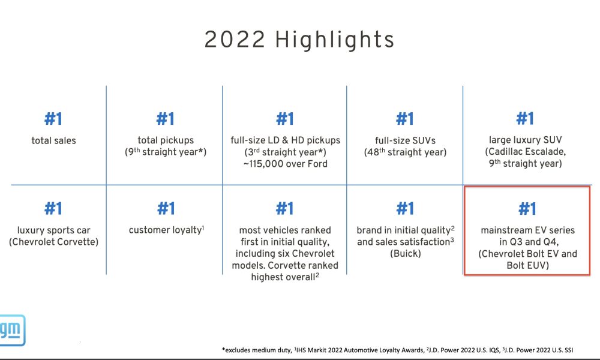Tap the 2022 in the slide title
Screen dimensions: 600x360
235,40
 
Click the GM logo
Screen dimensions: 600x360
12,330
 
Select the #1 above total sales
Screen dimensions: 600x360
53,119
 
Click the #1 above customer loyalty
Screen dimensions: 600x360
166,209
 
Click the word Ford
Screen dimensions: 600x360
317,164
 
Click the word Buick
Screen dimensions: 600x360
406,253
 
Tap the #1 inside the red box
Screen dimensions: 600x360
527,209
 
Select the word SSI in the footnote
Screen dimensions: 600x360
569,350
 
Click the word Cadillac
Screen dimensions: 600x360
505,151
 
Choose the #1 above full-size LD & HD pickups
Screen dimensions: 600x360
285,119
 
